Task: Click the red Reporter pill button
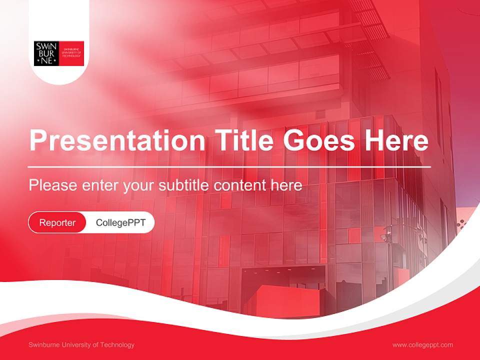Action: (x=57, y=222)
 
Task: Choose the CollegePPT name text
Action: (x=120, y=222)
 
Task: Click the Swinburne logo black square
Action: (x=46, y=53)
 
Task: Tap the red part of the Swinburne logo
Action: (x=71, y=53)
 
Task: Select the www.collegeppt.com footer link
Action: (x=422, y=344)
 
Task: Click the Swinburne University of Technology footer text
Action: (x=81, y=344)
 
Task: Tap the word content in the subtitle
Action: (x=240, y=185)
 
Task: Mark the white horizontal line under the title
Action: (x=229, y=166)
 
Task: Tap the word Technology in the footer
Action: (x=117, y=344)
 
